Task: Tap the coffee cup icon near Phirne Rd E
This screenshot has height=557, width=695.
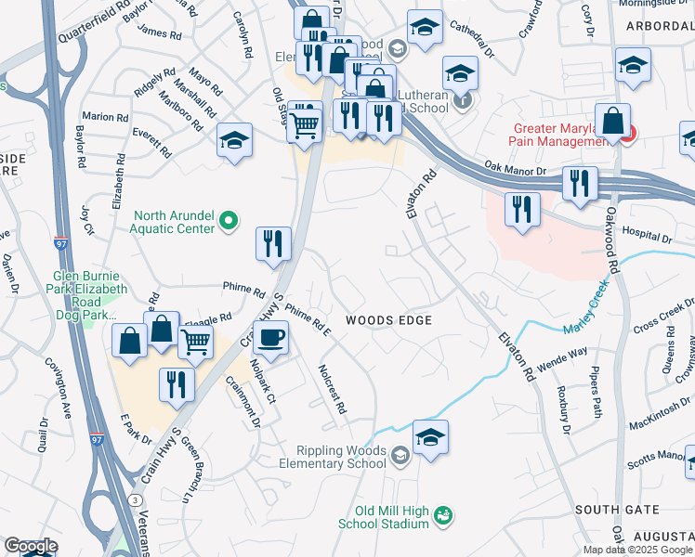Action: coord(269,338)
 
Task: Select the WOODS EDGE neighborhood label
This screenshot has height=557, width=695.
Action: coord(388,320)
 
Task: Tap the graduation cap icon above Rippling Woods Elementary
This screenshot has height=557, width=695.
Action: coord(430,438)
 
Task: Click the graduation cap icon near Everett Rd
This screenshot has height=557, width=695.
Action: coord(235,142)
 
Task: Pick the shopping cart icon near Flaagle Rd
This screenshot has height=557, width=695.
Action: coord(195,342)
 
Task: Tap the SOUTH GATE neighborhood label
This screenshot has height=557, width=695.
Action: coord(616,510)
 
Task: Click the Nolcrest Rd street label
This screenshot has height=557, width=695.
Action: coord(332,389)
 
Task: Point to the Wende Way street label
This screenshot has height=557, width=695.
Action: coord(561,360)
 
